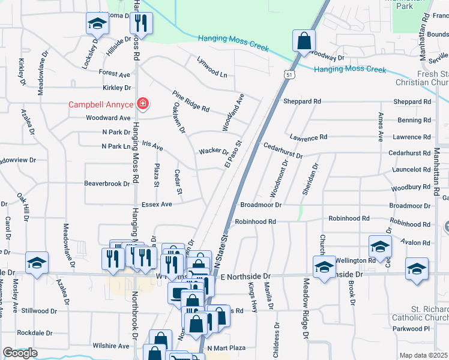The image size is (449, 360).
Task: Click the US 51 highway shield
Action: (x=289, y=75)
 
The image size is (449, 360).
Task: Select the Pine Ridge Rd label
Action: (x=190, y=101)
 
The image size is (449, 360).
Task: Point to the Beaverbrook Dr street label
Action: (x=107, y=184)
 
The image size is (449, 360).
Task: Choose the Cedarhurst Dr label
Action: (x=283, y=150)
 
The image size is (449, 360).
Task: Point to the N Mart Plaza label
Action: (x=227, y=347)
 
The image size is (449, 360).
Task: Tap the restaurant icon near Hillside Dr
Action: (x=142, y=23)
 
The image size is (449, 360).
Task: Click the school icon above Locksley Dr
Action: (x=97, y=23)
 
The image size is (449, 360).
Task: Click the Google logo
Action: (x=20, y=353)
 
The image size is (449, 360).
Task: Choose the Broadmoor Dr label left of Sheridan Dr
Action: (x=261, y=205)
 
